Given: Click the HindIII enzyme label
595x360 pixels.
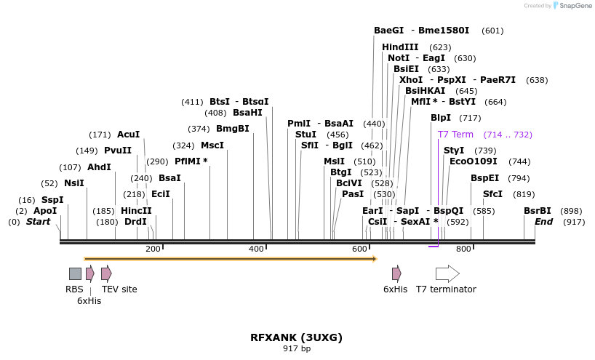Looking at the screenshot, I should coord(400,47).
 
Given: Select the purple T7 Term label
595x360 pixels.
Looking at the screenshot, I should coord(455,135).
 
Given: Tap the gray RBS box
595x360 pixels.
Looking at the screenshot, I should coord(75,273).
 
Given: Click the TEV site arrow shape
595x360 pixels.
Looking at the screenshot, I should coord(106,273).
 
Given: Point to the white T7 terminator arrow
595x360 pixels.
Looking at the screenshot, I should coord(447,273).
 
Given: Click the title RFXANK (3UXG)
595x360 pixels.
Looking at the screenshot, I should coord(296,337).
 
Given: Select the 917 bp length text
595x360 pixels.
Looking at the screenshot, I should coord(296,349).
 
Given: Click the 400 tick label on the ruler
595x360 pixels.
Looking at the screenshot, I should coord(256,249).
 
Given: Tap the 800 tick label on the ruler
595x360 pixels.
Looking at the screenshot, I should coord(463,249).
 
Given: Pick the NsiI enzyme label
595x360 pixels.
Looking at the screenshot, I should coord(74,183).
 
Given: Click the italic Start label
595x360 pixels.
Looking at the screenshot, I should coord(39,221).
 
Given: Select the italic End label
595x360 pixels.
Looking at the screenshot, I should coord(544,221).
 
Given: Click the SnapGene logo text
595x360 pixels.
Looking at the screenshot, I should coord(574,6).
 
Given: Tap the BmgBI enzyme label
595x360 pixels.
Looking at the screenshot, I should coord(233,129).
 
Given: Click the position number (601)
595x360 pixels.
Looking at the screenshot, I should coord(492,31).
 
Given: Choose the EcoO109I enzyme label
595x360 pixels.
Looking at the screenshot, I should coord(474,161).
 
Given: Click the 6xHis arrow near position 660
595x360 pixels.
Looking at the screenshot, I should coord(396,273).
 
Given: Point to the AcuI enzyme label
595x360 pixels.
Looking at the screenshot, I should coord(128,135).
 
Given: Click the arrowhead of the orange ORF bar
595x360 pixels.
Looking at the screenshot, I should coord(374,258).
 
